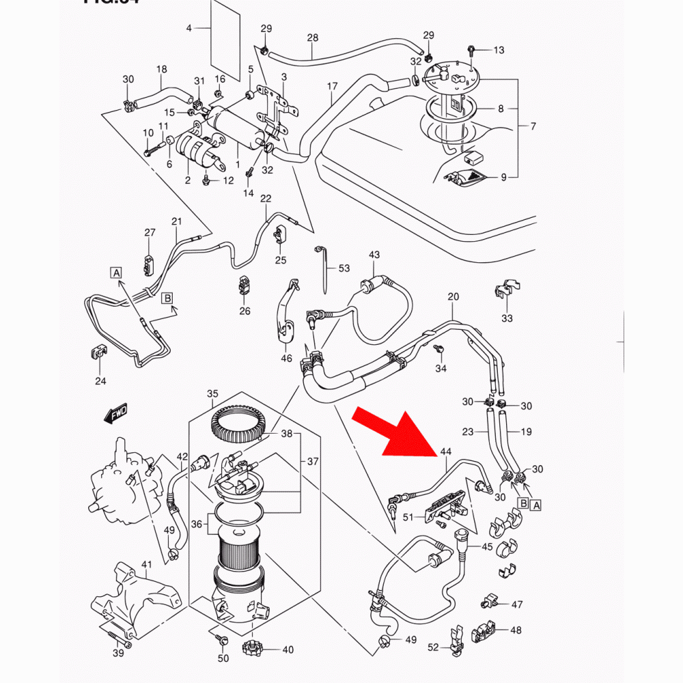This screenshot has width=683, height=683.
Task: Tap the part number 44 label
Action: click(x=446, y=451)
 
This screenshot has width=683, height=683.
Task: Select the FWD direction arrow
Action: click(x=116, y=413)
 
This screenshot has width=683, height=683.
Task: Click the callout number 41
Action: click(x=145, y=564)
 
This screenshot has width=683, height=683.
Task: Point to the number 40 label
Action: click(x=288, y=650)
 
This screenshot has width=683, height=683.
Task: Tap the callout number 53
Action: click(x=344, y=268)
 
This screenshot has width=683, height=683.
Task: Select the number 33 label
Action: click(x=506, y=318)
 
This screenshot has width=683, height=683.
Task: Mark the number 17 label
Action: click(x=333, y=86)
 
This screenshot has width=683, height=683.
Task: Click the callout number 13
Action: click(x=499, y=50)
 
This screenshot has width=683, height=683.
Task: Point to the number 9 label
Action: click(x=503, y=178)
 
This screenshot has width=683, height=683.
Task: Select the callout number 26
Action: click(x=245, y=311)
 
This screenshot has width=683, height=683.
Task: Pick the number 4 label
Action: click(x=189, y=28)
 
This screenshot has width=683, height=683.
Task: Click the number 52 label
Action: click(x=433, y=646)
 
